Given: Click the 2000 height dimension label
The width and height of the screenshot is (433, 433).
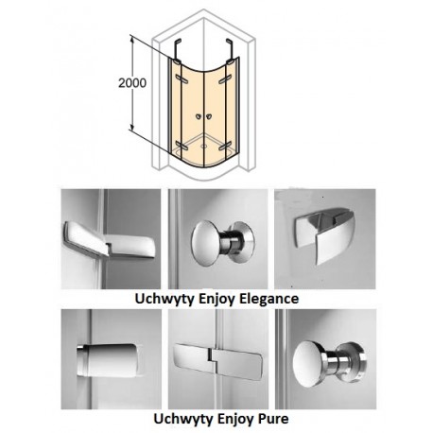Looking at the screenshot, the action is coord(132,83).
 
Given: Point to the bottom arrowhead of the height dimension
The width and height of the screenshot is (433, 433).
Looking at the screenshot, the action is coord(133,126).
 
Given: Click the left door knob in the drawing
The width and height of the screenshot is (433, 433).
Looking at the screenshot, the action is coord(199,117).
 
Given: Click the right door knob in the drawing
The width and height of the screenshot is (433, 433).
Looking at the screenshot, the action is coord(208,117).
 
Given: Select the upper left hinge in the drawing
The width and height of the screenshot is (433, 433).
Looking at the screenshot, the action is coord(182,79).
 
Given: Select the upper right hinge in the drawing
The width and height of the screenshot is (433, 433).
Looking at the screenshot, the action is coord(225,79).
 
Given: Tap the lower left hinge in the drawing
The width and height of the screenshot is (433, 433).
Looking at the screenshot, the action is coord(182,146).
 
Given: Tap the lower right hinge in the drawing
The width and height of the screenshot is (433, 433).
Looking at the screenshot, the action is coord(225,146).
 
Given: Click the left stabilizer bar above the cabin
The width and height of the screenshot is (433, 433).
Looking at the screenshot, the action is coord(177,49).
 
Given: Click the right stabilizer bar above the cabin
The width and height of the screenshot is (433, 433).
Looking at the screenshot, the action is coord(230,49).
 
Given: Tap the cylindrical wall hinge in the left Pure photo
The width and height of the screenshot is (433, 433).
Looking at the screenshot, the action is coord(108,360).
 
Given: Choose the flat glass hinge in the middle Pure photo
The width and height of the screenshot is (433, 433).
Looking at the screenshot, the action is coord(218,361).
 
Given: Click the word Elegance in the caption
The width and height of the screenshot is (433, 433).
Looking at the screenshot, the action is coord(269,299).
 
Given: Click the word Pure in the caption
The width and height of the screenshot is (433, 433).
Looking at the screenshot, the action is coord(273,419).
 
